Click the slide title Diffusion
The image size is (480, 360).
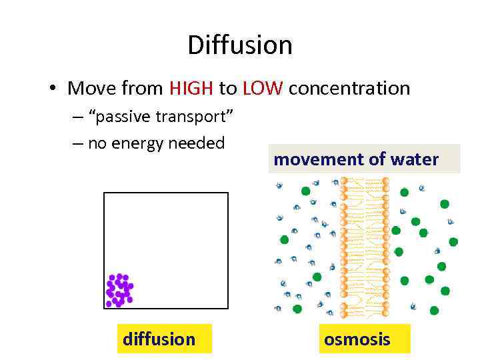pyautogui.click(x=240, y=45)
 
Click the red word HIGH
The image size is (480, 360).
pyautogui.click(x=191, y=88)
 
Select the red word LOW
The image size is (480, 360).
pyautogui.click(x=263, y=88)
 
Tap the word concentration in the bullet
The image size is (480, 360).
pyautogui.click(x=349, y=88)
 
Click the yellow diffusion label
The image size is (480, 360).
pyautogui.click(x=159, y=339)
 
